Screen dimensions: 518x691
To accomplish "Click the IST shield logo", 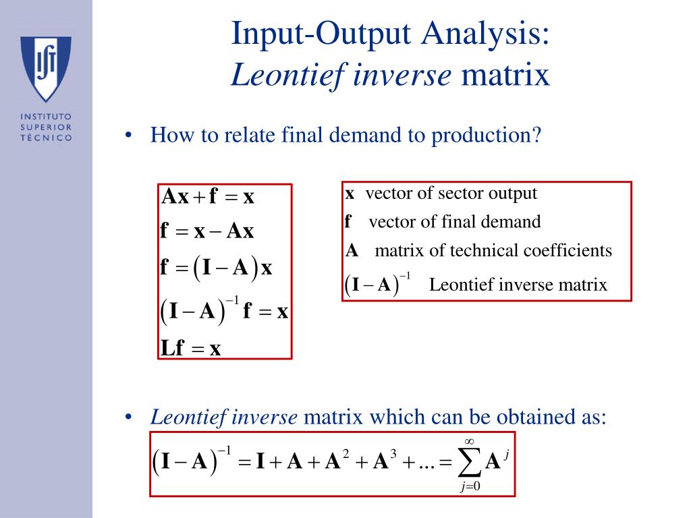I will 47,68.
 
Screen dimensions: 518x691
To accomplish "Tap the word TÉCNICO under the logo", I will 47,137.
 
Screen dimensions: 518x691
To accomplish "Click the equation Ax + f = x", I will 208,197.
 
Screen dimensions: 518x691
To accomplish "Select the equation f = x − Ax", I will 207,231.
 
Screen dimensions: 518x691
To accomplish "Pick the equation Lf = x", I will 191,348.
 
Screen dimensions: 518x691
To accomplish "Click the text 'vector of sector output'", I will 451,194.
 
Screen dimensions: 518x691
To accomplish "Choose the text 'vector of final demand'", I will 455,222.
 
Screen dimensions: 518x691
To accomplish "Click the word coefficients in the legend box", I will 571,251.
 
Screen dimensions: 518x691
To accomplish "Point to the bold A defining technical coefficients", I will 352,252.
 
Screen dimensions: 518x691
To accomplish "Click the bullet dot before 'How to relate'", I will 128,136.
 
